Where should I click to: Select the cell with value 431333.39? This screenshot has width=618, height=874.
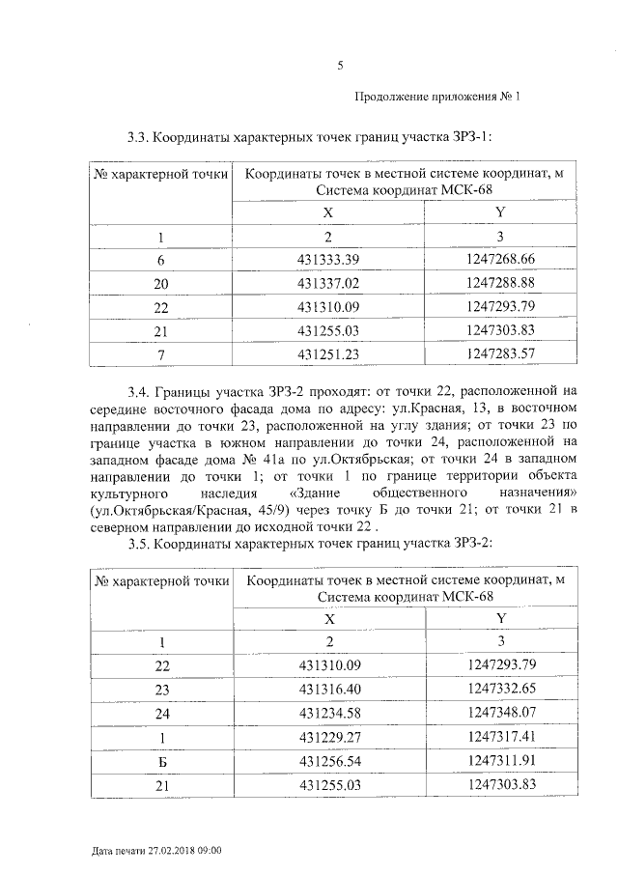pos(328,260)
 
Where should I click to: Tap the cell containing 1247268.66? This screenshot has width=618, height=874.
pos(499,260)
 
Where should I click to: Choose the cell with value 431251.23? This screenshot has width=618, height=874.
pos(328,354)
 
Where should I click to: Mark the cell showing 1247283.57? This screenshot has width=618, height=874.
pos(499,354)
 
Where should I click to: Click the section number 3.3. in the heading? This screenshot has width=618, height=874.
pos(140,138)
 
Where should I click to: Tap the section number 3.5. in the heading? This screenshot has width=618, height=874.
pos(140,545)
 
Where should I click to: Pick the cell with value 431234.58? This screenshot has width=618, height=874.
pos(328,712)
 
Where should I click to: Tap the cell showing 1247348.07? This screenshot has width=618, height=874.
pos(499,712)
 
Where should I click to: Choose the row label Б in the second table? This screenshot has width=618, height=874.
pos(161,760)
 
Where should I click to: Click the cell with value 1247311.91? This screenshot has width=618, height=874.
pos(499,760)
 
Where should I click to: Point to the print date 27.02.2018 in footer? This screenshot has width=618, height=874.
pos(167,851)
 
